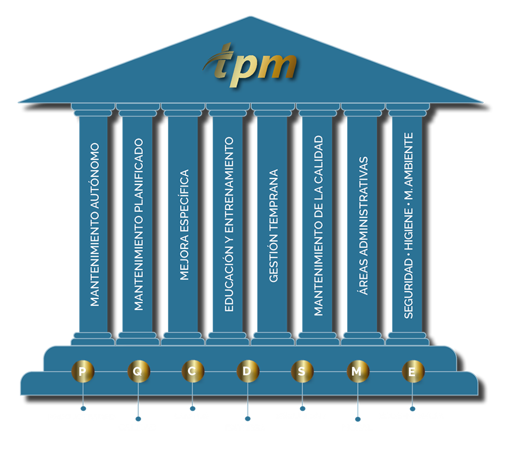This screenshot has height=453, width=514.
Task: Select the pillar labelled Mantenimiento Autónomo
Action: pyautogui.click(x=94, y=224)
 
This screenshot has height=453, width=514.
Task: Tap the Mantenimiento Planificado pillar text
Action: pyautogui.click(x=139, y=224)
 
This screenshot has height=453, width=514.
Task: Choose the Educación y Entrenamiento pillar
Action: pyautogui.click(x=229, y=224)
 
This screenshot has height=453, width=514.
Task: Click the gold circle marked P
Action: pyautogui.click(x=83, y=371)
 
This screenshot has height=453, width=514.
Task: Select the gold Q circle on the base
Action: pyautogui.click(x=138, y=371)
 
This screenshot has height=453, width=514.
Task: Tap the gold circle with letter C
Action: pyautogui.click(x=192, y=371)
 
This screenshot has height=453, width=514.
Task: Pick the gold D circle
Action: pyautogui.click(x=247, y=371)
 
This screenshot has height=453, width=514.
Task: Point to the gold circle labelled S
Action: pyautogui.click(x=302, y=371)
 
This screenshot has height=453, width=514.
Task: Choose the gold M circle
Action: pyautogui.click(x=357, y=371)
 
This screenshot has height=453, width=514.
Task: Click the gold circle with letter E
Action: pyautogui.click(x=412, y=371)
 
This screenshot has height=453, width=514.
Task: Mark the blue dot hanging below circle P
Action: pyautogui.click(x=83, y=409)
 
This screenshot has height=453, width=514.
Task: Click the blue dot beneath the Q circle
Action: pyautogui.click(x=138, y=419)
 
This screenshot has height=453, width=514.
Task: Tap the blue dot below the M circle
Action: pyautogui.click(x=357, y=419)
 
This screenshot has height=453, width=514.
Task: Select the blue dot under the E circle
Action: pyautogui.click(x=412, y=409)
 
